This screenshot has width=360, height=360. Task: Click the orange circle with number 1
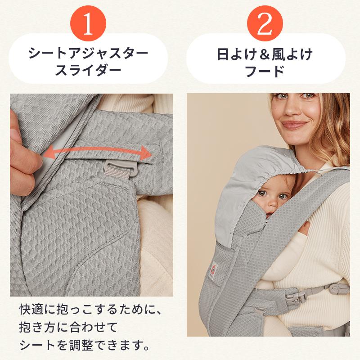point(88,25)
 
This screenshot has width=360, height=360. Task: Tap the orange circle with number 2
point(265,25)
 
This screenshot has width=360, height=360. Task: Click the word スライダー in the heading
point(88,71)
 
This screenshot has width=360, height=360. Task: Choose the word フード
point(265,71)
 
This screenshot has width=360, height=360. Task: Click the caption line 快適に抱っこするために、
point(90,310)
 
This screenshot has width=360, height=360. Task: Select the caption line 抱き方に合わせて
point(67,328)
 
